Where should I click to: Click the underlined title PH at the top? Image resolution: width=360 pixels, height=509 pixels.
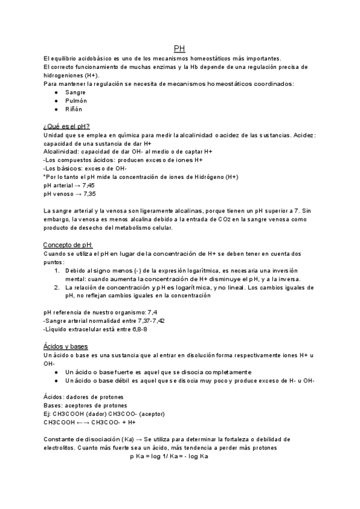(179, 48)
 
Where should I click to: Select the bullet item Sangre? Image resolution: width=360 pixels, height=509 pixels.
(76, 92)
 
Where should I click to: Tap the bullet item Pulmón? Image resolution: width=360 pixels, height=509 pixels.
(76, 101)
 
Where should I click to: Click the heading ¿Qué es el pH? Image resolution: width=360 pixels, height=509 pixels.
(67, 127)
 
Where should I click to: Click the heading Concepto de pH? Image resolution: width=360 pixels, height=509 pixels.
(68, 245)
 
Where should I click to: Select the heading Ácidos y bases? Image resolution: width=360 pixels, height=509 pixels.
(65, 347)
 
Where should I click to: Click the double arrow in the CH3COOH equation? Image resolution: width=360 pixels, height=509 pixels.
(82, 422)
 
